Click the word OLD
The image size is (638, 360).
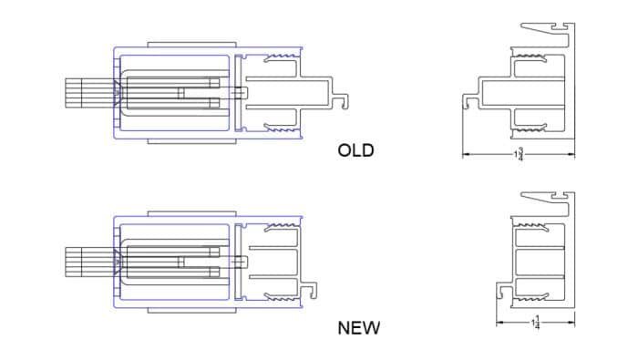coord(355,150)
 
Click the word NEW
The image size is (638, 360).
coord(358,327)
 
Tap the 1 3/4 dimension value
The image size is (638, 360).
coord(520,155)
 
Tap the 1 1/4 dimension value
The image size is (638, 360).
coord(536,323)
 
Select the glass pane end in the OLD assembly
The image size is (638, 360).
coord(81,93)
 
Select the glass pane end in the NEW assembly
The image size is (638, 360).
coord(81,262)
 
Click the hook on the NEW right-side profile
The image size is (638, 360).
coord(501,290)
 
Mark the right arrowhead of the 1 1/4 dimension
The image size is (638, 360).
coord(571,323)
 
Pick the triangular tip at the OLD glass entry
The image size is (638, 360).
coord(117,93)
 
